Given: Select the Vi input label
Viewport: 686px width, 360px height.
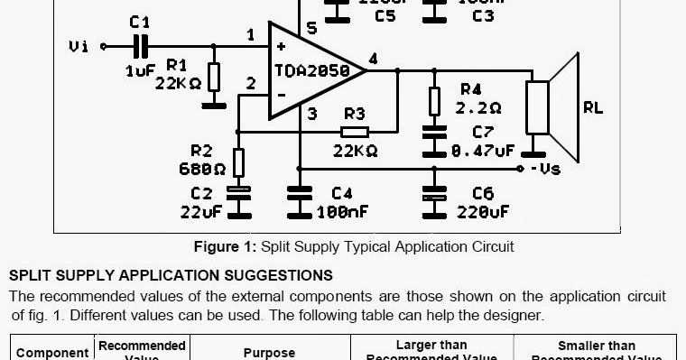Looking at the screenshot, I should (79, 46).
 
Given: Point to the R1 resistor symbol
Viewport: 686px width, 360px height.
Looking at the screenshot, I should (214, 78).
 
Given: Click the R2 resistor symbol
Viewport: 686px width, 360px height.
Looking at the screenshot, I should (238, 163).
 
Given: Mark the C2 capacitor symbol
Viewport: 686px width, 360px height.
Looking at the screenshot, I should (238, 192).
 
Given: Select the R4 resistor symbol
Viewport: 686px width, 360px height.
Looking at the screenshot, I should (434, 100).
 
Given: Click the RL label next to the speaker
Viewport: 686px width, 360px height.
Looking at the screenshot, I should (592, 108).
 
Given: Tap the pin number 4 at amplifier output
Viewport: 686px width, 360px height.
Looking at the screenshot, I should (373, 60).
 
